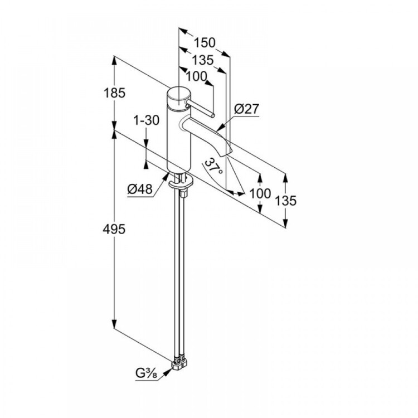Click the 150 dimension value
tap(205, 42)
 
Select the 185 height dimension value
tap(114, 94)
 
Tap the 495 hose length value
tap(114, 229)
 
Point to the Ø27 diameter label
tap(247, 109)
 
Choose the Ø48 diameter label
tap(140, 189)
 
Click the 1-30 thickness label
tap(146, 120)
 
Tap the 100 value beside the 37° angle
tap(260, 193)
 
